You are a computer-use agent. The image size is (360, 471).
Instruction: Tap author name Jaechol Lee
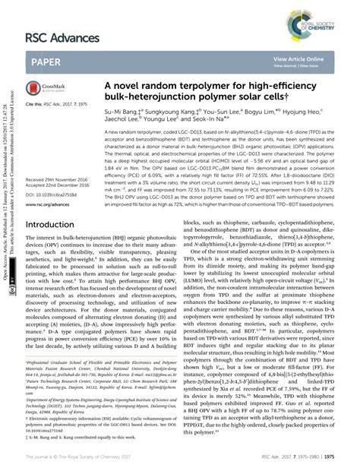click(124, 121)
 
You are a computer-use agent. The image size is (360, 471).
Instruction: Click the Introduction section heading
click(56, 225)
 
